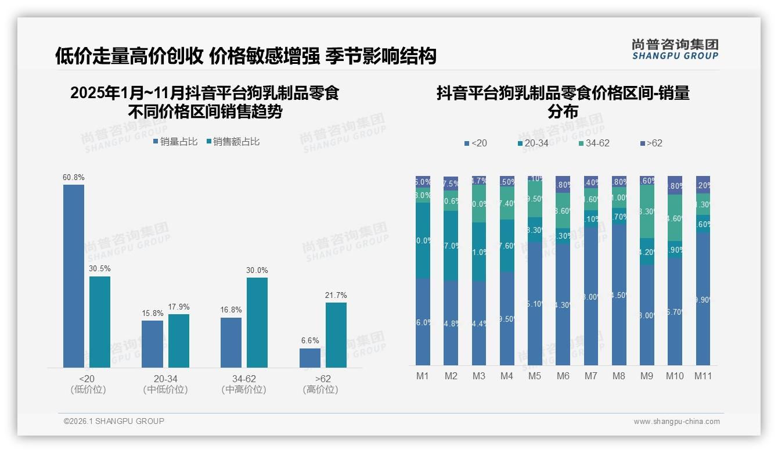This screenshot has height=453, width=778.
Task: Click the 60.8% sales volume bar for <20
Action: coord(74,276)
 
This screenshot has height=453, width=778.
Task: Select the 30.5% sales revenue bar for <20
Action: coord(100,322)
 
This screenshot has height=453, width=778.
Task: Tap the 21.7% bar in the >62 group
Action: coord(336,335)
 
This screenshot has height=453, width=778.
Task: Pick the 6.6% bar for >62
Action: coord(310,358)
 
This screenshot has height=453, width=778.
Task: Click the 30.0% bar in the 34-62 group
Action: coord(257,322)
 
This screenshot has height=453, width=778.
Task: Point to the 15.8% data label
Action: coord(153,314)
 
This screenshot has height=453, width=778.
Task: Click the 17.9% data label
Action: coord(179,307)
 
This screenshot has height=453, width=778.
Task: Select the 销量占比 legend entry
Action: coord(175,142)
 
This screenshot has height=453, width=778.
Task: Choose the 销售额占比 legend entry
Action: coord(232,142)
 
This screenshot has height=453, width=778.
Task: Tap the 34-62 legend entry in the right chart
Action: coord(594,143)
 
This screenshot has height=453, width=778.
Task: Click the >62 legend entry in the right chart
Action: coord(651,143)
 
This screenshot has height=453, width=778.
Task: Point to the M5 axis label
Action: coord(535,376)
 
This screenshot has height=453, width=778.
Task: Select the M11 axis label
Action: coord(703,376)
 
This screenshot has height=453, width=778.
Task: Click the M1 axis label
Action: coord(423,376)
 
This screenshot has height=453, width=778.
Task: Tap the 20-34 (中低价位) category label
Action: coord(165,384)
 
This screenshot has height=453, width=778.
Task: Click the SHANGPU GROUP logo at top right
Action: coord(675,49)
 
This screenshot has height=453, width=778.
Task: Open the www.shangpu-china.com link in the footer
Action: coord(676,422)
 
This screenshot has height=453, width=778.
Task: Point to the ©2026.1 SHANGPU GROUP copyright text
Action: coord(114,421)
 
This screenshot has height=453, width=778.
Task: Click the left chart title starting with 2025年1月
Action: coord(204,102)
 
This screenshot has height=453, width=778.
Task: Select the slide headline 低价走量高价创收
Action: coord(245,56)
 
